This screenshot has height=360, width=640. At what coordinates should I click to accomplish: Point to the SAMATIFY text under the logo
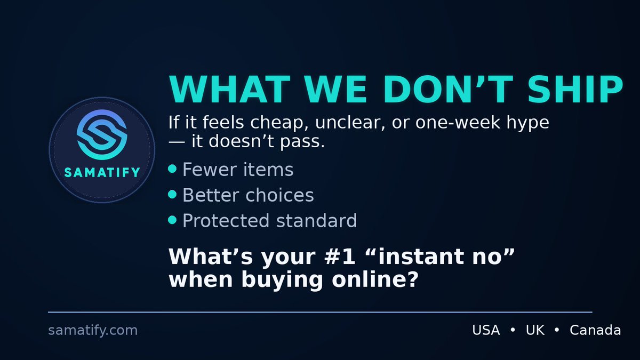[102, 172]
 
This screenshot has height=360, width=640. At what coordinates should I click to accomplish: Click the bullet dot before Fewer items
[172, 169]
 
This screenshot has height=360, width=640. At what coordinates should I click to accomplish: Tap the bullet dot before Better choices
[172, 195]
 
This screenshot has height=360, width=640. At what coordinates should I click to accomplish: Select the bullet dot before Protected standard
[172, 220]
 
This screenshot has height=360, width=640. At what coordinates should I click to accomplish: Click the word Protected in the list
[224, 220]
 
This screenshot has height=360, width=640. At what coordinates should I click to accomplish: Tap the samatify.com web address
[93, 331]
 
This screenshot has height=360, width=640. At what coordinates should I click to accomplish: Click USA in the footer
[486, 331]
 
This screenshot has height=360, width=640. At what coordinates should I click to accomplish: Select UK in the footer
[535, 331]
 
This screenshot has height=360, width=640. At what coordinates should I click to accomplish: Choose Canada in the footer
[595, 331]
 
